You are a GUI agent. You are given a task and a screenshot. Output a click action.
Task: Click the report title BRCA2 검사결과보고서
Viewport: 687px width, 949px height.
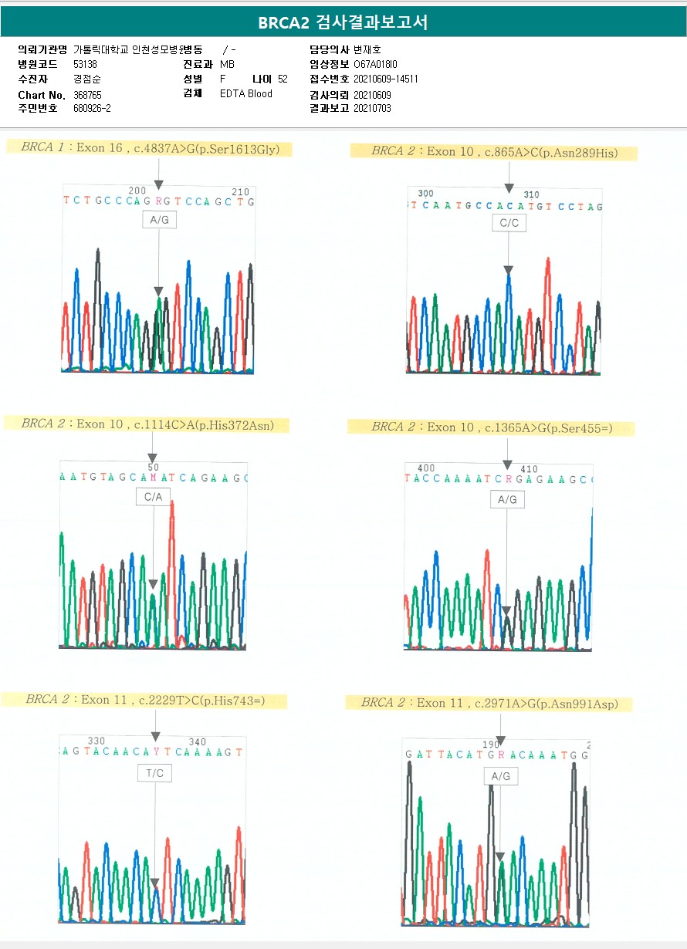tap(343, 22)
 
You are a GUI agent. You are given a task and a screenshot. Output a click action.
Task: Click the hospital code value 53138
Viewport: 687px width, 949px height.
tap(85, 64)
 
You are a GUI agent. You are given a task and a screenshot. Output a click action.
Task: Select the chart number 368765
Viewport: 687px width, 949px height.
tap(87, 94)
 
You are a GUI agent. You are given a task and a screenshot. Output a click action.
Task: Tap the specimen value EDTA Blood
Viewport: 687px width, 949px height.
tap(245, 94)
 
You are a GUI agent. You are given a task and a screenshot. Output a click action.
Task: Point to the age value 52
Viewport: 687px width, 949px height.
tap(283, 79)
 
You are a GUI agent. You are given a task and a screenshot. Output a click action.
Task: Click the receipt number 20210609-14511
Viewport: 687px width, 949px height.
tap(385, 79)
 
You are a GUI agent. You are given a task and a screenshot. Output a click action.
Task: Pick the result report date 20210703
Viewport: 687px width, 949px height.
tap(372, 109)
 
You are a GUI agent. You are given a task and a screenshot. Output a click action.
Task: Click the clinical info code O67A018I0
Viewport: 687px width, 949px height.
tap(375, 64)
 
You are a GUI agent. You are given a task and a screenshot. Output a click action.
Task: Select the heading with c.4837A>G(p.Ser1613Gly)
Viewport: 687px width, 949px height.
tap(150, 148)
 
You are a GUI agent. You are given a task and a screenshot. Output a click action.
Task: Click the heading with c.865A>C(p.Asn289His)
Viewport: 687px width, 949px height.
tap(494, 151)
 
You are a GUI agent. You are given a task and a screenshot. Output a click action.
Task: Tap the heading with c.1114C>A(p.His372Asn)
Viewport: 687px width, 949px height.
tap(147, 424)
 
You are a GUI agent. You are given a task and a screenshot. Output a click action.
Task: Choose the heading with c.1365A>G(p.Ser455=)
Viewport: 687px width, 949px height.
tap(491, 427)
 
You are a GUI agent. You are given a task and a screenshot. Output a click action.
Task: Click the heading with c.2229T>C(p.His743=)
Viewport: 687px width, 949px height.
tap(144, 700)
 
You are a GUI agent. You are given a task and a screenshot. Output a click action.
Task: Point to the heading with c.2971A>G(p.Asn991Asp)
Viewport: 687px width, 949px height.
tap(489, 704)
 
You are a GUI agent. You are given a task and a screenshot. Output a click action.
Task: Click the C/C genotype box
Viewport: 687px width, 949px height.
tap(508, 223)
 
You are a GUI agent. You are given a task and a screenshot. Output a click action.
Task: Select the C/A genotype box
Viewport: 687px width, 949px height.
tap(153, 498)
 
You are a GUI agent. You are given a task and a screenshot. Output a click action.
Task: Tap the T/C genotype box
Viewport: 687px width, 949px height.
tap(154, 773)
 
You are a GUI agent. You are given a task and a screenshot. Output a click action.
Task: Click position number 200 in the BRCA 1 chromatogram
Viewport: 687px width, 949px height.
tap(137, 191)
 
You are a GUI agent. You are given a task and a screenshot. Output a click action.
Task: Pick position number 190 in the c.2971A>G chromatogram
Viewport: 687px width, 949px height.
tap(490, 745)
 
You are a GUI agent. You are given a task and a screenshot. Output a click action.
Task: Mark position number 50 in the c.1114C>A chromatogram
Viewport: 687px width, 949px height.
tap(153, 468)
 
